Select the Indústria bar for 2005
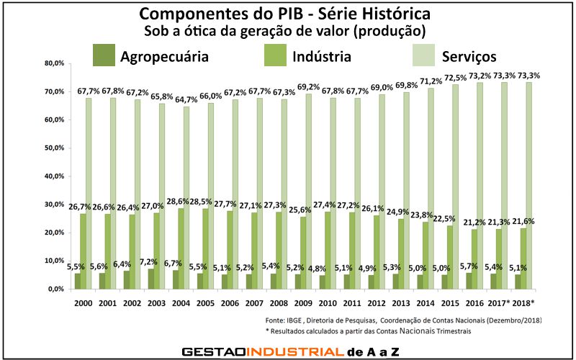(x=207, y=248)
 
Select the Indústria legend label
(x=322, y=56)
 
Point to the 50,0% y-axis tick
(x=54, y=148)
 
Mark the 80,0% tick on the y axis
(x=54, y=63)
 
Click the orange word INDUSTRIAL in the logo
(x=294, y=351)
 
